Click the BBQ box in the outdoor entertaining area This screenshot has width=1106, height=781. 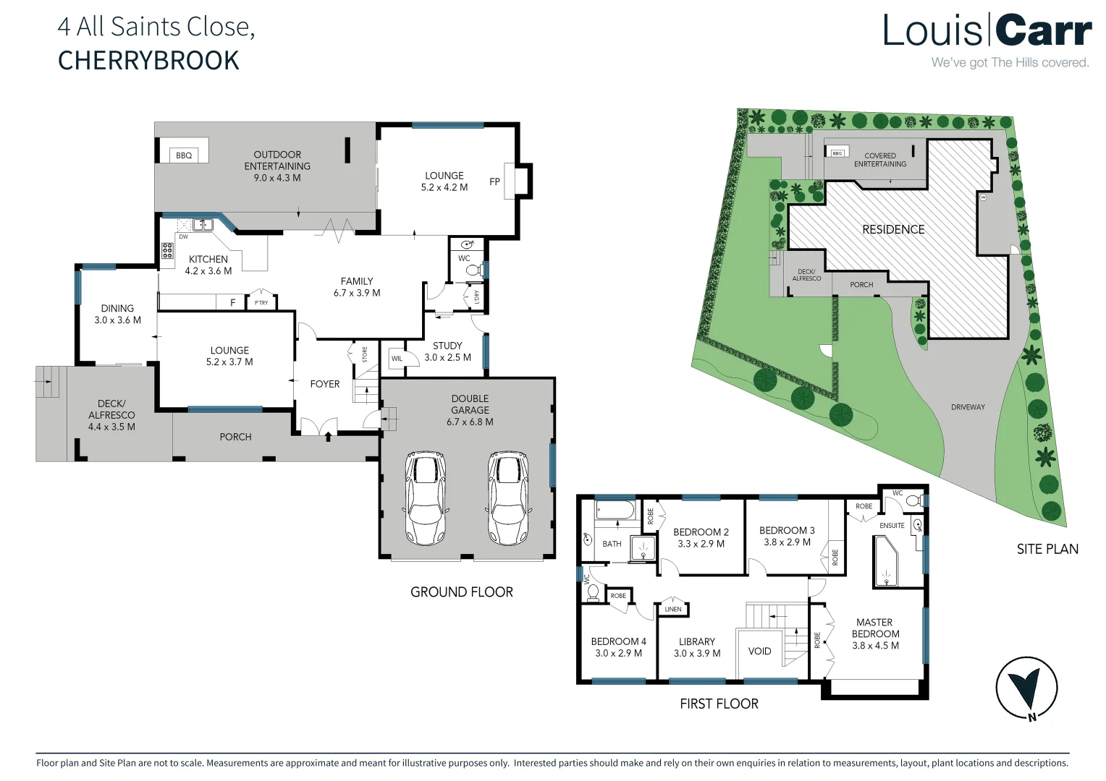[184, 155]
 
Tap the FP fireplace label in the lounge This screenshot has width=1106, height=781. [494, 182]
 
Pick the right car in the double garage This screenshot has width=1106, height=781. [507, 499]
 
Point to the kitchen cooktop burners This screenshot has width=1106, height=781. [167, 251]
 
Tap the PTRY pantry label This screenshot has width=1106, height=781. [261, 302]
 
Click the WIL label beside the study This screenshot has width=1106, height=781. [397, 359]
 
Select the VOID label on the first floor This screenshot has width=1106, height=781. [759, 651]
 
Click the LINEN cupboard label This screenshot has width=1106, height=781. [672, 609]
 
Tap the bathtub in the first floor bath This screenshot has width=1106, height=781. [615, 512]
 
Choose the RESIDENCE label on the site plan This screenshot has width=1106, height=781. [893, 229]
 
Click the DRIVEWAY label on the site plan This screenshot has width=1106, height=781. [968, 407]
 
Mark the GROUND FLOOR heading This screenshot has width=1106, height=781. [461, 592]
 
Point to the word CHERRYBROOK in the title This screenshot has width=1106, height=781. [148, 60]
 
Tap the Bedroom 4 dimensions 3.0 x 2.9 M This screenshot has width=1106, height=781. [618, 653]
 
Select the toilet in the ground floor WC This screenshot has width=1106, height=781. [473, 270]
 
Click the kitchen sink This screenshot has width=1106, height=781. [202, 224]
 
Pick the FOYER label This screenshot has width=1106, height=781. [324, 384]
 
